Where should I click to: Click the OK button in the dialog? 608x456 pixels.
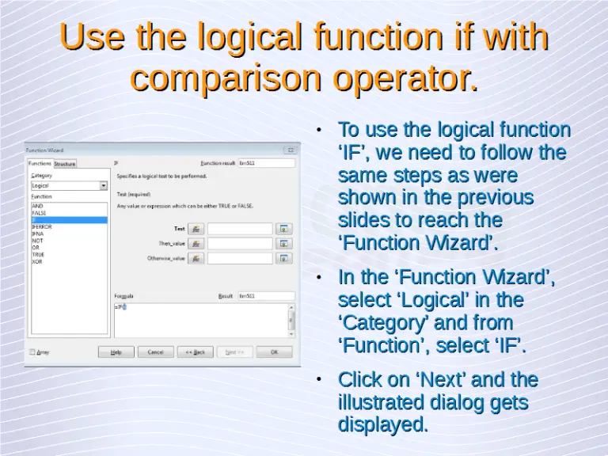(274, 351)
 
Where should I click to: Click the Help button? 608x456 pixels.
(116, 351)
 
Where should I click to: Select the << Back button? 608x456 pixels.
(195, 351)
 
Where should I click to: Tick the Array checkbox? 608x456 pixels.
(32, 351)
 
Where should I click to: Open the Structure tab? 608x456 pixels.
(65, 164)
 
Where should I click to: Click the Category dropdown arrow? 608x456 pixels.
(104, 186)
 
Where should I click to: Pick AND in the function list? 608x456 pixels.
(37, 206)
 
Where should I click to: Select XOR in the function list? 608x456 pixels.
(37, 262)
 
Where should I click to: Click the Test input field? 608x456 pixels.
(239, 229)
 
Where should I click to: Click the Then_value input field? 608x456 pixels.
(239, 244)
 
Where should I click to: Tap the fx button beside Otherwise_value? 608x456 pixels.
(196, 258)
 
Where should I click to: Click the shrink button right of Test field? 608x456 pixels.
(285, 229)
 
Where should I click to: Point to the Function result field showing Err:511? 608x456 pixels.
(265, 163)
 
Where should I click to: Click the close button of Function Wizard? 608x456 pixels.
(291, 150)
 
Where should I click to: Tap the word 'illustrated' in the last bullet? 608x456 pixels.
(380, 402)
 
